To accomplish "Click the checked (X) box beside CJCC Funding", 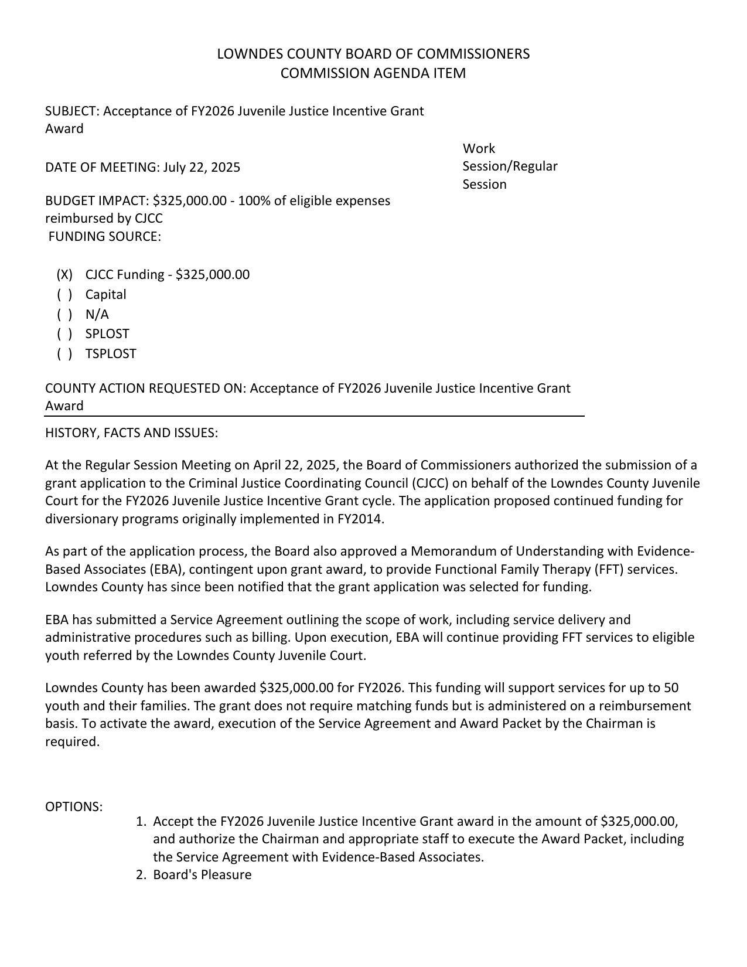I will (64, 275).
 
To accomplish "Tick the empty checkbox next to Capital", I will (64, 295).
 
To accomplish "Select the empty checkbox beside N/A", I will (64, 315).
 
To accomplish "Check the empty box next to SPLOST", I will (64, 334).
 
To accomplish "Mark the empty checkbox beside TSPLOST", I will (64, 354).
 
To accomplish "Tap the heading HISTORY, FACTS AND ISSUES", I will (131, 433).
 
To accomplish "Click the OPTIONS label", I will (74, 807).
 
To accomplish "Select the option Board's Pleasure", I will (202, 875).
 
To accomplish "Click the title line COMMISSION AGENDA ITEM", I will (373, 73).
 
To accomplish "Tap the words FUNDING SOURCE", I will (104, 237).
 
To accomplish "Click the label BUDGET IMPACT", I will (97, 201).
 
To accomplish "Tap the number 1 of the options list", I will (141, 822).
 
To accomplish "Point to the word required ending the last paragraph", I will (72, 742).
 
